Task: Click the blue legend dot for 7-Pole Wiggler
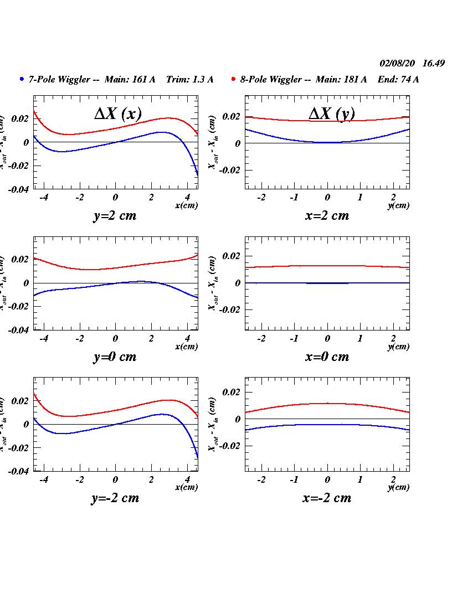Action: pos(22,79)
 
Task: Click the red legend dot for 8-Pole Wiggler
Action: pos(234,79)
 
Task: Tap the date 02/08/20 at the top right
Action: pos(397,63)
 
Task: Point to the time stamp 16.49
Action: pos(433,63)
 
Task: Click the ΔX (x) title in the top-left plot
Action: pos(117,113)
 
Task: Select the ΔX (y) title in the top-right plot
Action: pos(331,113)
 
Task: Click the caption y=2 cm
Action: pos(114,216)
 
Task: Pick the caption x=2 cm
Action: pos(327,216)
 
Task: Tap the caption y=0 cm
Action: pos(114,357)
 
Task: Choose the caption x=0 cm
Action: pos(327,357)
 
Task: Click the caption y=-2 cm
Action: pos(115,498)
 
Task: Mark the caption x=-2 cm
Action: pos(327,498)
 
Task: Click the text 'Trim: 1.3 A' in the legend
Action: pos(189,79)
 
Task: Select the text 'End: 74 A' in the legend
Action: pos(398,79)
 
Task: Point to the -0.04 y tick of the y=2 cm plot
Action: pos(18,189)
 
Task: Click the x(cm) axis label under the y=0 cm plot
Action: pos(186,347)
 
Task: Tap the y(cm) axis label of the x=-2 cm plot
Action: pos(398,487)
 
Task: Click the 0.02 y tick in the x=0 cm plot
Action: pos(231,256)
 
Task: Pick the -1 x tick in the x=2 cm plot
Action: pos(294,198)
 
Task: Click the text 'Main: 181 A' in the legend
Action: pos(341,79)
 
